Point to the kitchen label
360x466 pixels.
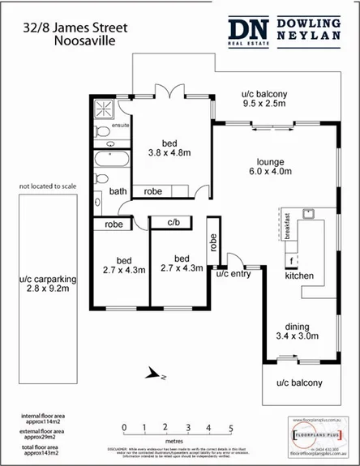pyautogui.click(x=298, y=276)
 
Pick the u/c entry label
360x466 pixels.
pyautogui.click(x=234, y=274)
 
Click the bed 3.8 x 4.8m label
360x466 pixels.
pyautogui.click(x=168, y=146)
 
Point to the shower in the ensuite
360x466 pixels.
pyautogui.click(x=105, y=109)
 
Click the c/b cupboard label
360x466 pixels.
pyautogui.click(x=174, y=222)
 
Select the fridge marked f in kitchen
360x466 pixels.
pyautogui.click(x=291, y=261)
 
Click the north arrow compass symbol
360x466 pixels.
pyautogui.click(x=156, y=374)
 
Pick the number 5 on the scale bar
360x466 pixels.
pyautogui.click(x=230, y=427)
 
